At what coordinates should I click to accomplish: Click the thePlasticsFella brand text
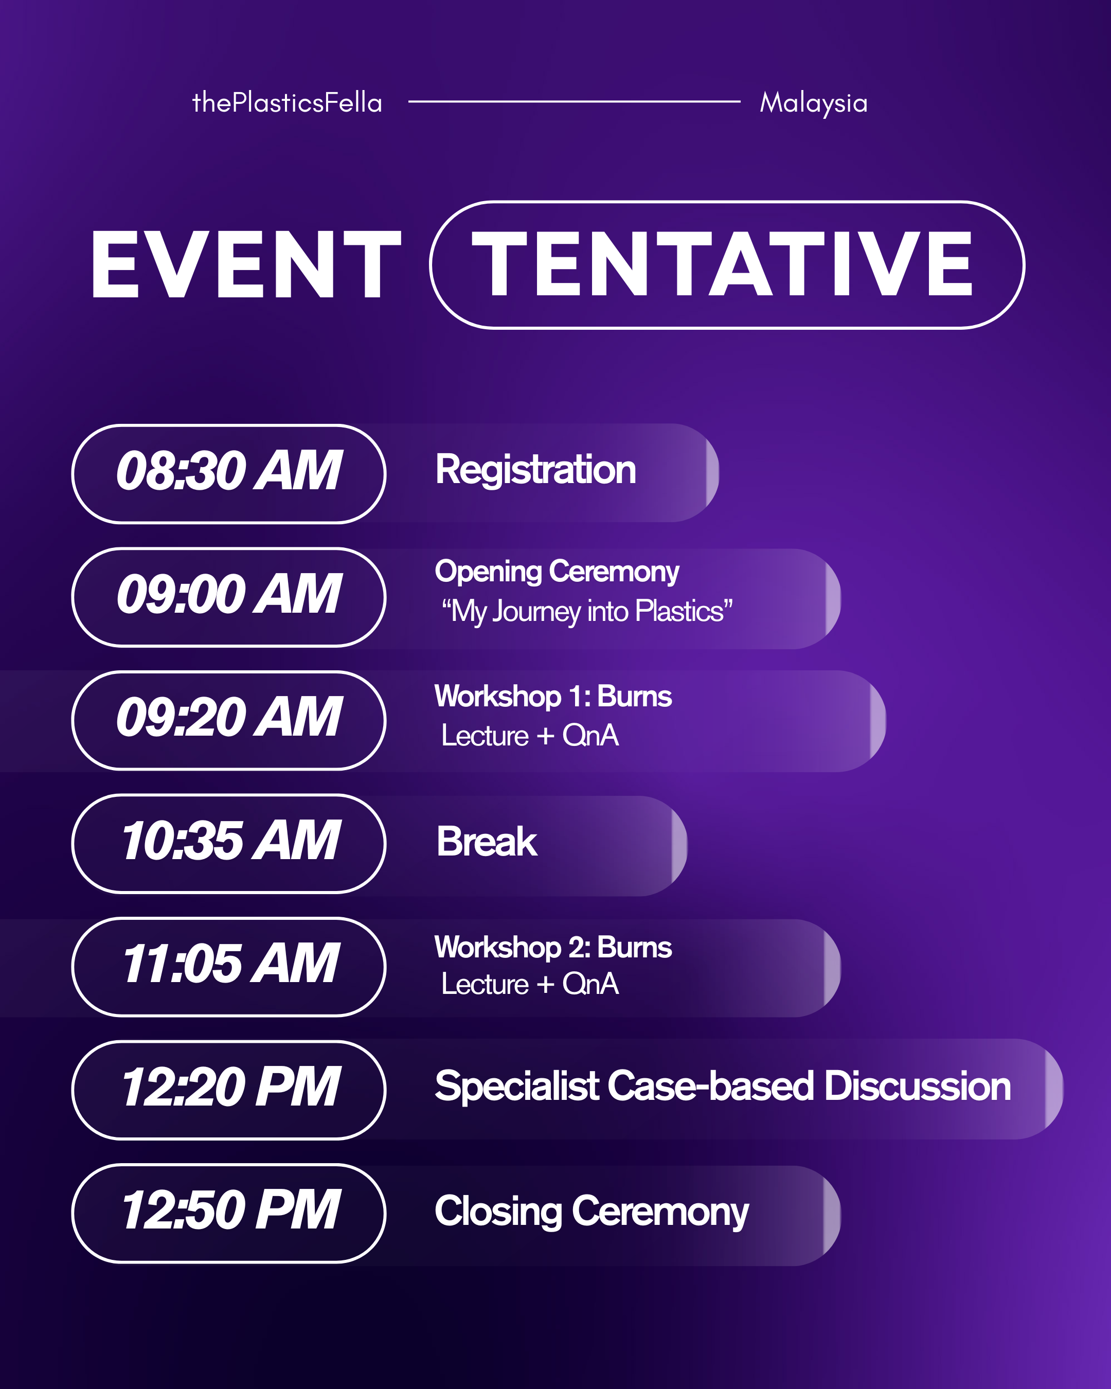click(x=287, y=103)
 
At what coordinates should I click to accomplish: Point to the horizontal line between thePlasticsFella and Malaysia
click(x=574, y=101)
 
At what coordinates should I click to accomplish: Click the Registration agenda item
click(x=535, y=470)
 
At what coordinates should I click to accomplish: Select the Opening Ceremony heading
click(x=557, y=572)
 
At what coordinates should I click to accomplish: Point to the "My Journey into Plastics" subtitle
click(x=587, y=611)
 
